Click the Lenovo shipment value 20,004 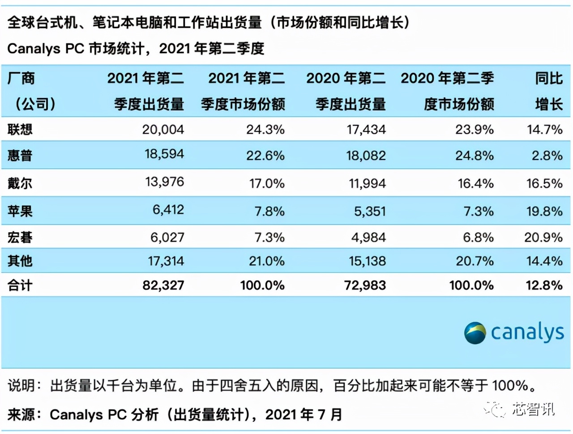click(x=163, y=130)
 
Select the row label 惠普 click(x=20, y=155)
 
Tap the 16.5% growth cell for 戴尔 click(x=544, y=183)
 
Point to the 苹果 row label click(x=20, y=211)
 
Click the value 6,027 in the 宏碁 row click(x=167, y=237)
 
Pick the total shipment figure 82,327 click(x=163, y=285)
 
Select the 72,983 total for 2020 click(x=365, y=285)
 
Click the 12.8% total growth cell click(x=544, y=285)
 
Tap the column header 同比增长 click(x=549, y=91)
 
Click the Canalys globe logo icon click(x=475, y=333)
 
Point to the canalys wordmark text click(x=527, y=332)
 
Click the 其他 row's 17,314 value click(x=166, y=261)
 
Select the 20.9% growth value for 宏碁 click(x=543, y=237)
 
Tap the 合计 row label click(x=20, y=285)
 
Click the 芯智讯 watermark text click(x=534, y=409)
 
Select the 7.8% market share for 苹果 click(x=269, y=211)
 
